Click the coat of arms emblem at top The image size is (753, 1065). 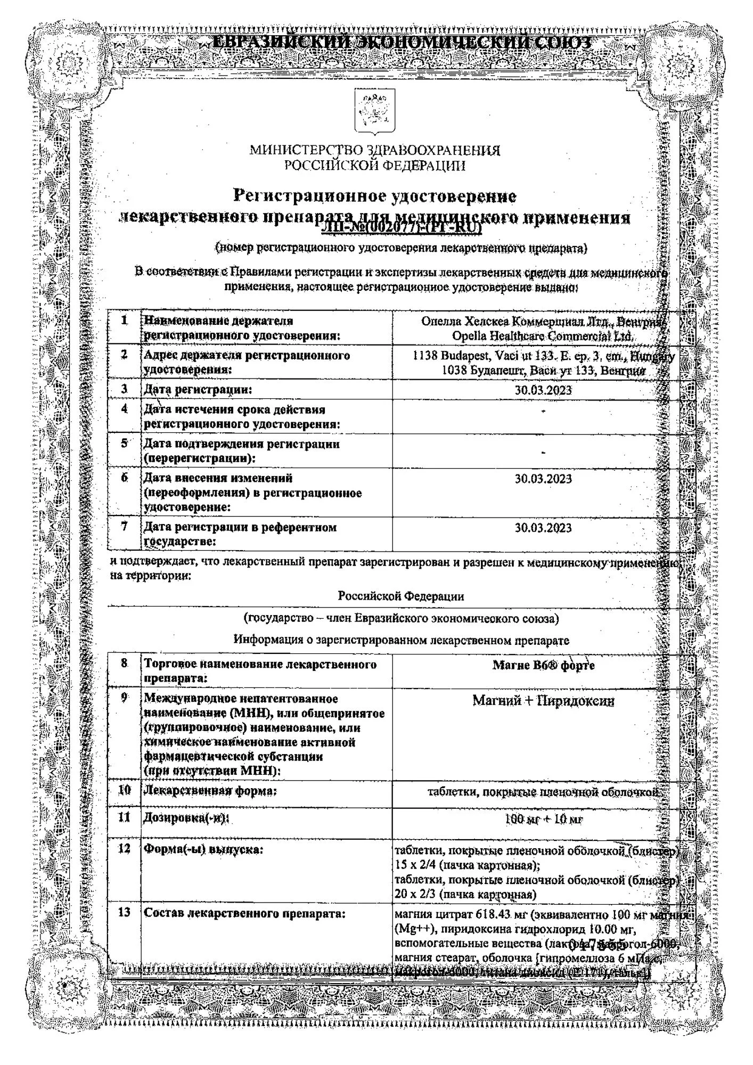375,111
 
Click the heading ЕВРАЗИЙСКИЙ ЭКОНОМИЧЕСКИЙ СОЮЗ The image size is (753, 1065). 402,43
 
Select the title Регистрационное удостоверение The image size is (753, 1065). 375,196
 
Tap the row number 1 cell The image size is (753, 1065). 125,321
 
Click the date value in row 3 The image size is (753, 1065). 543,390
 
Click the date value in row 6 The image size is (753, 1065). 543,479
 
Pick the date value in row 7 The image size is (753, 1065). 543,528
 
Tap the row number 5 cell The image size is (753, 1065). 125,444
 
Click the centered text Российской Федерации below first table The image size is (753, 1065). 400,596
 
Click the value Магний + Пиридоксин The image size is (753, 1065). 543,701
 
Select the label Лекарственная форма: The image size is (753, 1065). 210,791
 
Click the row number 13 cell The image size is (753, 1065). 124,913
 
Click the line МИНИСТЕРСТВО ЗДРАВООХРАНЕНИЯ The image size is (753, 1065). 375,151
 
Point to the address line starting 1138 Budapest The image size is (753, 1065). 543,356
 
